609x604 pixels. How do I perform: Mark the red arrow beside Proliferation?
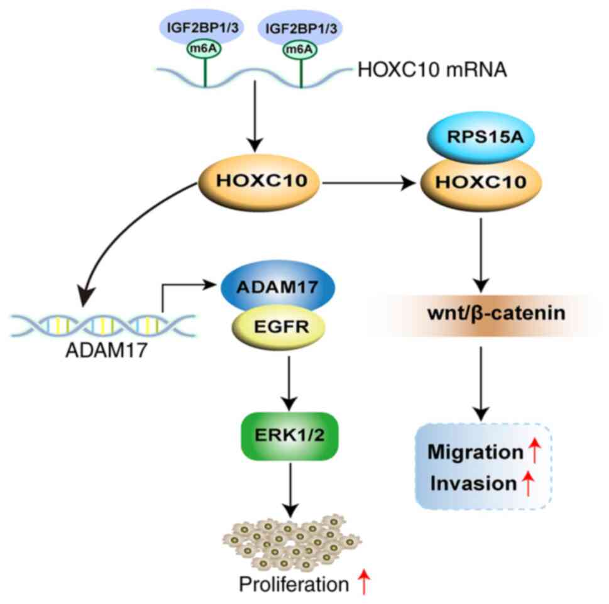[x=363, y=585]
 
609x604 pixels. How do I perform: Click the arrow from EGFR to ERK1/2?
[x=290, y=380]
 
